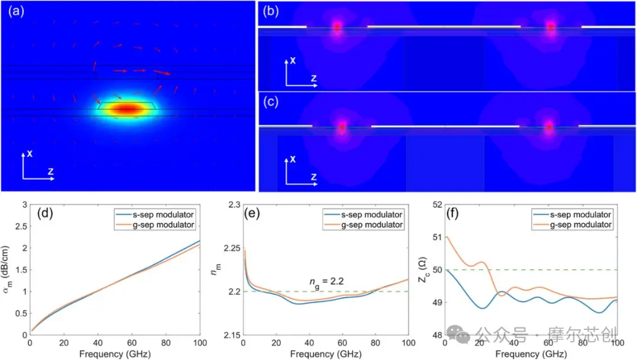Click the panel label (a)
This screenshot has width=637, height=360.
[x=17, y=11]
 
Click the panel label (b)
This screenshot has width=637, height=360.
[x=271, y=11]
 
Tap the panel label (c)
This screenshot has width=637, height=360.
[x=271, y=102]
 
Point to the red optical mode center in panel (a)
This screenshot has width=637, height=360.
[x=127, y=109]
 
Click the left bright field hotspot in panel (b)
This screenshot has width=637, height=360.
[x=337, y=27]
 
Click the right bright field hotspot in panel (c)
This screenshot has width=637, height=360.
[x=549, y=126]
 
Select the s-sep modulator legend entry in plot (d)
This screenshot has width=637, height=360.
[x=155, y=215]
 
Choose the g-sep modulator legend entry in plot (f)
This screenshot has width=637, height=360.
[x=572, y=225]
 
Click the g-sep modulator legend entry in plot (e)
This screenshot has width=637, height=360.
[x=363, y=225]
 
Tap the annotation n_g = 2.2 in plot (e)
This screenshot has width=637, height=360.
[x=326, y=282]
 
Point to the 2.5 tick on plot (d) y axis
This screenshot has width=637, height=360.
[x=21, y=226]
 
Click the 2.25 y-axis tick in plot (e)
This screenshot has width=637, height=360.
[x=232, y=248]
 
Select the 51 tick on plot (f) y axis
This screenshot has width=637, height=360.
[x=436, y=237]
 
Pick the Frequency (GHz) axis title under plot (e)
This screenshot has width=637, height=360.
[x=326, y=354]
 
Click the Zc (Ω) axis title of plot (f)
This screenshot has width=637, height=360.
[x=422, y=270]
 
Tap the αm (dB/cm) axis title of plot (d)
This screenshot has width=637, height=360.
[x=6, y=266]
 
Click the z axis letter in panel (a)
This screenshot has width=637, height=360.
[x=50, y=171]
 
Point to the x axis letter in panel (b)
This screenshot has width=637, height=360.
[x=293, y=61]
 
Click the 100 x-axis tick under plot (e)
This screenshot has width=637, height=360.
[x=408, y=343]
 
